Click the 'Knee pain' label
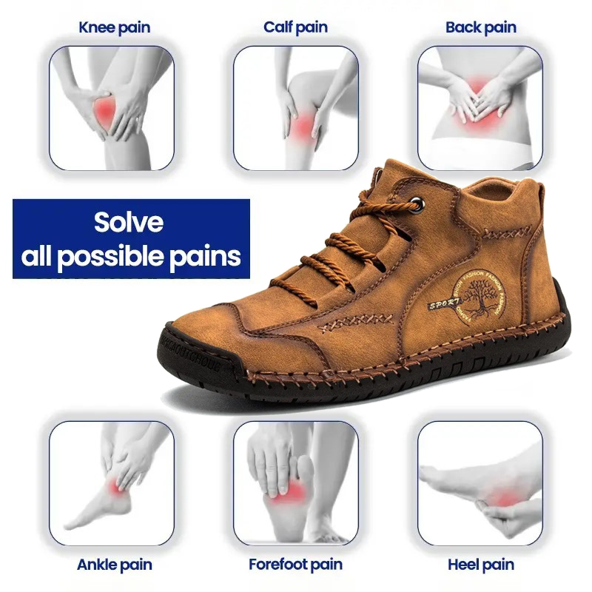coord(114,28)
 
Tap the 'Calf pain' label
coord(296,28)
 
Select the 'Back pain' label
coord(480,28)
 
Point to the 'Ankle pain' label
coord(114,565)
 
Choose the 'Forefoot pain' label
coord(295,565)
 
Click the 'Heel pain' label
coord(480,565)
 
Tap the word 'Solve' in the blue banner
coord(129,223)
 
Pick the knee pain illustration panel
coord(112,107)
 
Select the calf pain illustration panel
coord(296,107)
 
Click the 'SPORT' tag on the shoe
coord(443,303)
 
